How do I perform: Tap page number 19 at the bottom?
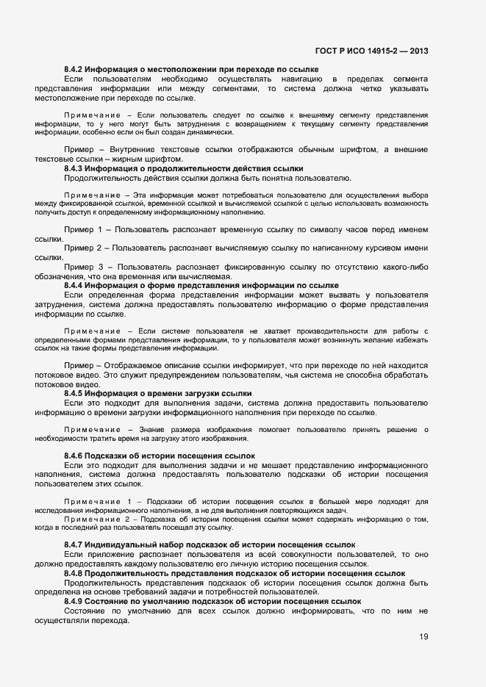[x=424, y=637]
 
